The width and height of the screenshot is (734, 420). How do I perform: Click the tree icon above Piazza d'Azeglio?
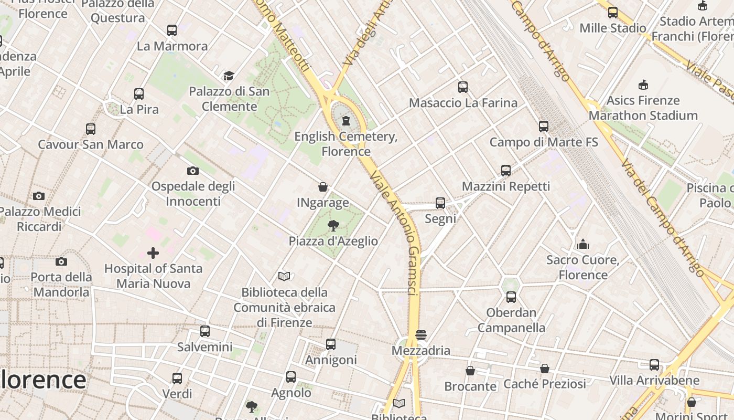(333, 226)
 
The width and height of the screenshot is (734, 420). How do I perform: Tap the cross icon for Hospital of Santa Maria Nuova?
(153, 253)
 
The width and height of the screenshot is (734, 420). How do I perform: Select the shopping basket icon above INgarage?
(323, 187)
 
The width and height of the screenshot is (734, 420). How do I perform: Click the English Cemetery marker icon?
(346, 121)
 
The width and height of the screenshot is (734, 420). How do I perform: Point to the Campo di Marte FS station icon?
(544, 127)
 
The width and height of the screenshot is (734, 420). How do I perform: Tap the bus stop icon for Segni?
(440, 203)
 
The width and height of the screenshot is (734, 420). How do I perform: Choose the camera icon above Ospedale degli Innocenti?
(193, 171)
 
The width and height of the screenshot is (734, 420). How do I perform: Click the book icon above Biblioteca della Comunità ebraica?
(284, 276)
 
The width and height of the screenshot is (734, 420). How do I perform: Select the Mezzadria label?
(421, 350)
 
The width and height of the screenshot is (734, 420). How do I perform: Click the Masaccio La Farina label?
(463, 103)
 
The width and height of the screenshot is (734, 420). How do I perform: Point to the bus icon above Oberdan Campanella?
(511, 297)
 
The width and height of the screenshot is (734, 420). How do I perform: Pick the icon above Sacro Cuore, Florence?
(582, 244)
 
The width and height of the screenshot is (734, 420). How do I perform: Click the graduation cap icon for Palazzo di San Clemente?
(229, 76)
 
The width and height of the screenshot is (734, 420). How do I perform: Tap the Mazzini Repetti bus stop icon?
(506, 171)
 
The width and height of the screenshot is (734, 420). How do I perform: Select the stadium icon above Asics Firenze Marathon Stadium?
(643, 85)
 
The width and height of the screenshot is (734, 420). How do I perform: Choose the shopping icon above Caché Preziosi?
(545, 369)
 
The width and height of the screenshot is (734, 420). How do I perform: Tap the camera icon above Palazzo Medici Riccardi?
(38, 196)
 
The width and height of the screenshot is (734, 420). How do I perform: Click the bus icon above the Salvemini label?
(205, 331)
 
